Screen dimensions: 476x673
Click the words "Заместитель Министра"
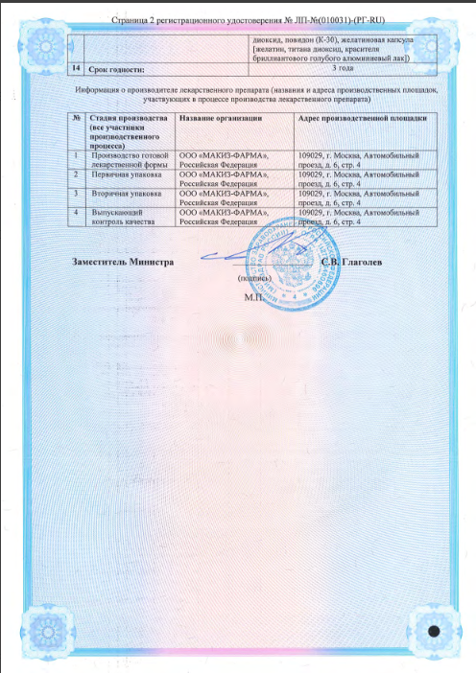tap(123, 262)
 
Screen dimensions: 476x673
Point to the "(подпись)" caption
tap(254, 278)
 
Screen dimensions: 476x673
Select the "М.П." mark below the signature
tap(253, 297)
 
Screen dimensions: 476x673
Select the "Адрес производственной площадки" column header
tap(355, 118)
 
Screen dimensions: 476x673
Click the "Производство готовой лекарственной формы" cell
tap(130, 159)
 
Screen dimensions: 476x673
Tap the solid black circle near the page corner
tap(435, 633)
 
